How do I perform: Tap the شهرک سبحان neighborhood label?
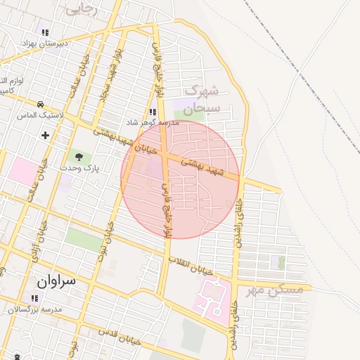click(202, 99)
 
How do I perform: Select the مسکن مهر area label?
click(275, 289)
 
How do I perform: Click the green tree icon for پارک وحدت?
click(78, 157)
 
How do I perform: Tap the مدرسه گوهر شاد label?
click(154, 122)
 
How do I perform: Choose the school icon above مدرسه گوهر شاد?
click(153, 111)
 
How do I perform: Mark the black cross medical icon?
click(46, 135)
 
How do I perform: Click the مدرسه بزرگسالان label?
click(35, 309)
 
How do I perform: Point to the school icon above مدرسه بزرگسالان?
click(34, 298)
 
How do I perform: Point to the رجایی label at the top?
click(82, 9)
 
